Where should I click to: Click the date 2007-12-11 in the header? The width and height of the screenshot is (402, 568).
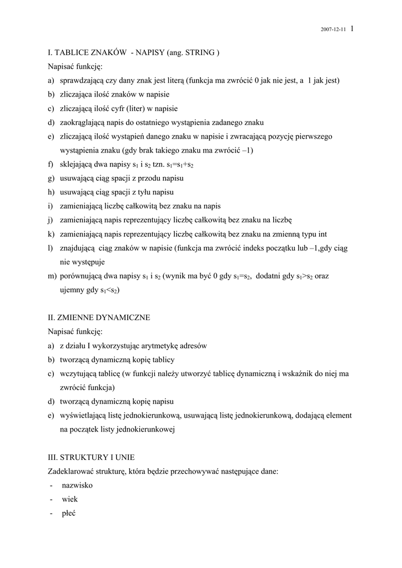334,30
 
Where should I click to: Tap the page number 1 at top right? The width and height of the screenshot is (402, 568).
353,29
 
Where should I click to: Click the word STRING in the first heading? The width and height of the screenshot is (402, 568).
202,53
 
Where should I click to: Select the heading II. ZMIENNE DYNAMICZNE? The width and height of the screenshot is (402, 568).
99,318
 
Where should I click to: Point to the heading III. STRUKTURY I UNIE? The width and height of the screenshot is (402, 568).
91,457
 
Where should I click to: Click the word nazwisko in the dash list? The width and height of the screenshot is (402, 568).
77,485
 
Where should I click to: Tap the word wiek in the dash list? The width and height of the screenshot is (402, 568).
70,499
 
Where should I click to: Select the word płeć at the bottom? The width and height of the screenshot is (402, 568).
69,513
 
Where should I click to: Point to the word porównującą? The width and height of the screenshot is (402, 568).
81,276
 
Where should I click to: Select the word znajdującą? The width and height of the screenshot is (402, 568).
78,248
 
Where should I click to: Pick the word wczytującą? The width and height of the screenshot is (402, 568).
78,374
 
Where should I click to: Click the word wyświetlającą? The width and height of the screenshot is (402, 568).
83,415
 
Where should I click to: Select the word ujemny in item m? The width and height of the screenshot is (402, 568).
73,290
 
